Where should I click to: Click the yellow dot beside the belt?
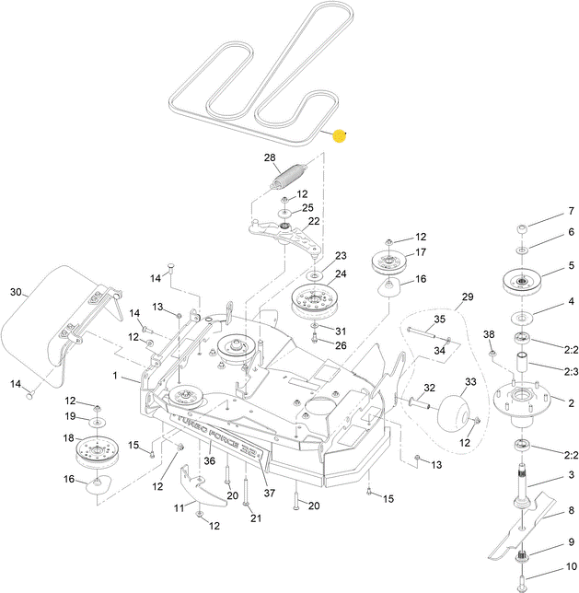coord(339,136)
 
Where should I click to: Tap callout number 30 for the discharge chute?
coord(15,292)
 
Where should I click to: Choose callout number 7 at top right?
coord(570,211)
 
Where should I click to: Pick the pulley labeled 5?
coord(521,280)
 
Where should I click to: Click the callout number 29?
coord(467,297)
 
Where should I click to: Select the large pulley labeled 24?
coord(315,300)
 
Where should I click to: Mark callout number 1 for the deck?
coord(115,376)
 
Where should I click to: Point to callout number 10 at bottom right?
coord(570,567)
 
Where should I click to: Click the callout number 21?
coord(256,518)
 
